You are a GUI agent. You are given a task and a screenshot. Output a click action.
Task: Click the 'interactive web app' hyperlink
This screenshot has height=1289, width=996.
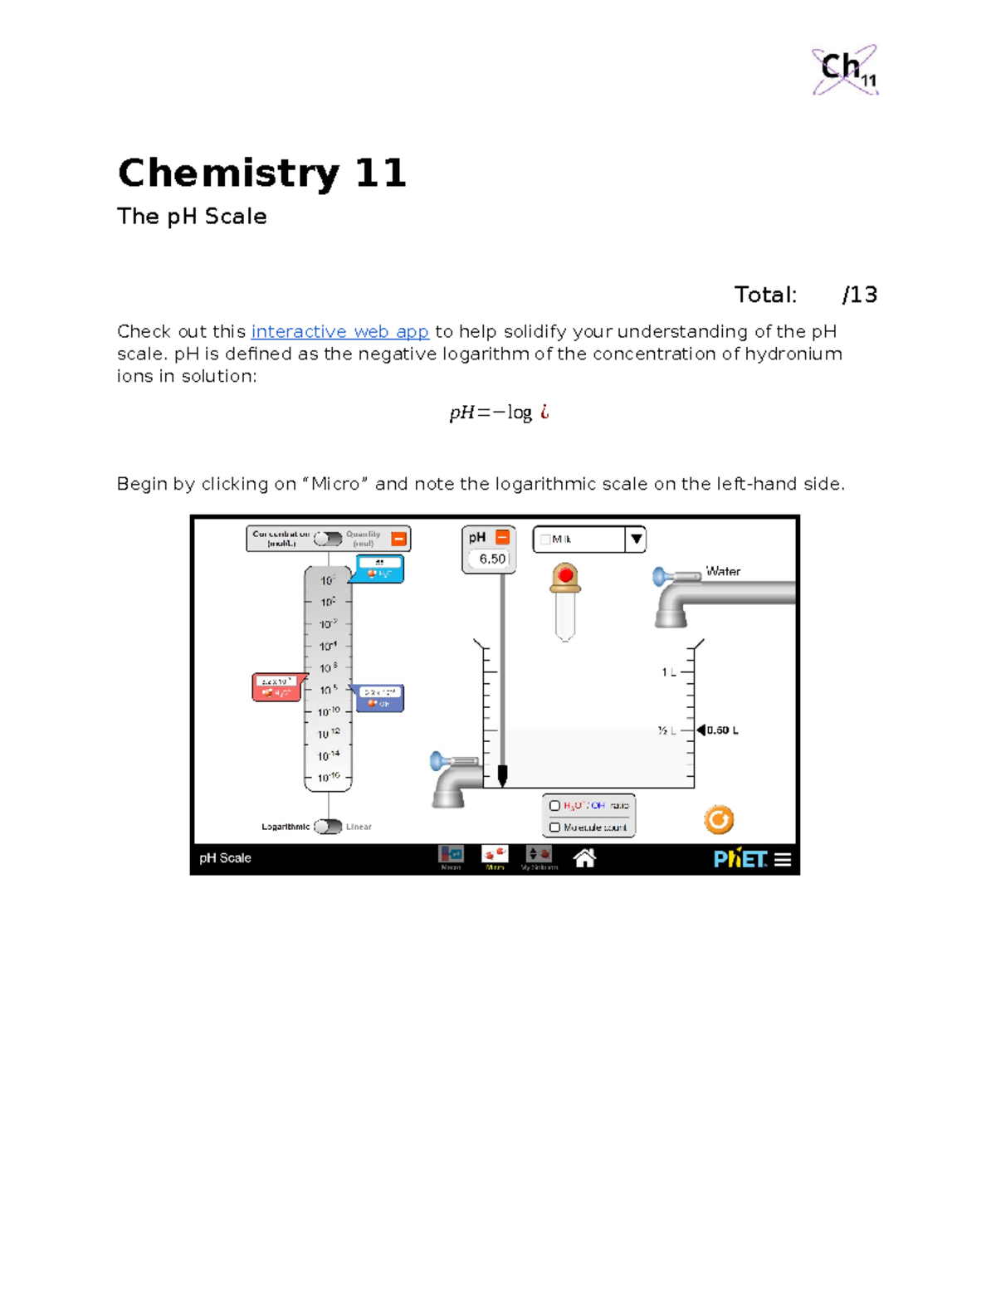point(339,332)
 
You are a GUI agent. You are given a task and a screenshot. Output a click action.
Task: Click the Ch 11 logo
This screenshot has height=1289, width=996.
point(845,70)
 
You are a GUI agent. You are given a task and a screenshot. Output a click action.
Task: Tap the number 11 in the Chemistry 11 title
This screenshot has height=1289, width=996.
point(380,173)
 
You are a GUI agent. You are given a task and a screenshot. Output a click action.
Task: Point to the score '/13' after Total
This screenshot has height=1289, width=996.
point(859,295)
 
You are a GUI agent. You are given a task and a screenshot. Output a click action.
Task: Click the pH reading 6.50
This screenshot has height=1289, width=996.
point(492,559)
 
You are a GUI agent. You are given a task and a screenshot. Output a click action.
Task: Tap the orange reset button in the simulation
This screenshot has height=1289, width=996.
point(719,820)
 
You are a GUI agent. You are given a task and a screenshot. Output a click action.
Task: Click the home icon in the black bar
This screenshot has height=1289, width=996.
point(584,858)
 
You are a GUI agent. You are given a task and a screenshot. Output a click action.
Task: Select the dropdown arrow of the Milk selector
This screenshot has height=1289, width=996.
point(636,540)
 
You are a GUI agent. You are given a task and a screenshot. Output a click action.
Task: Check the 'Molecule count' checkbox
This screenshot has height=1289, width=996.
point(554,828)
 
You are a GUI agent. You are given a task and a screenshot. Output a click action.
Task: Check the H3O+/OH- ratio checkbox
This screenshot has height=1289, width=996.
point(554,806)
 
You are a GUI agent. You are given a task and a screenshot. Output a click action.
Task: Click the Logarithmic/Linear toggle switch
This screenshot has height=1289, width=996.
point(328,827)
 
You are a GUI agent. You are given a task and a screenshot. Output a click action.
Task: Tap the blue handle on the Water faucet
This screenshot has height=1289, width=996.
point(659,575)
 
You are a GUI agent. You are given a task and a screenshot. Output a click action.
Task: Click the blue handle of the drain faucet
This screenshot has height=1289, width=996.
point(437,760)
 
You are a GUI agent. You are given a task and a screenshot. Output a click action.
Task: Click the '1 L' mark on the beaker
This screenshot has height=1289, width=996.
point(668,672)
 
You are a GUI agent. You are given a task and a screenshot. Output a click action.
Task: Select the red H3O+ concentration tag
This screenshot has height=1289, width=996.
point(276,687)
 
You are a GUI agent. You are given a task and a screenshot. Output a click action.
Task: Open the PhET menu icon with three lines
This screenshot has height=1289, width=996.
point(783,860)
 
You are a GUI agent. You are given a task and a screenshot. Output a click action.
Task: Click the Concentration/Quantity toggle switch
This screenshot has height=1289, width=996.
point(328,540)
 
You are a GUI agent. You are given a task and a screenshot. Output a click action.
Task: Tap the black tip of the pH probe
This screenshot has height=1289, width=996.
point(502,776)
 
